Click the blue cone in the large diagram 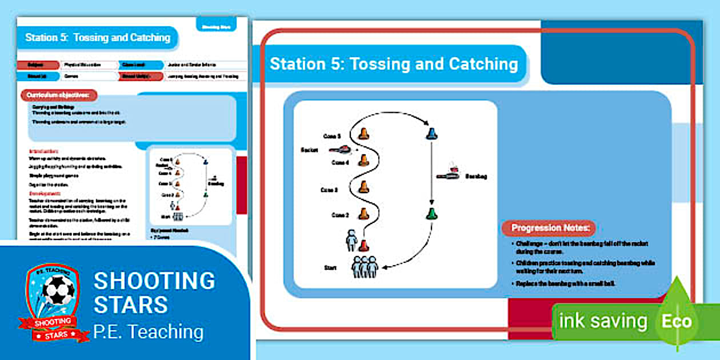(432, 134)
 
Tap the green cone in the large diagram (432, 215)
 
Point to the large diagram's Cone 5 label (331, 136)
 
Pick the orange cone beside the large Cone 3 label (363, 186)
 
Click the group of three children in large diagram (365, 266)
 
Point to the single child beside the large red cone (351, 239)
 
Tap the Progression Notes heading (549, 228)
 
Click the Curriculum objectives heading (59, 95)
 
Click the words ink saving (603, 321)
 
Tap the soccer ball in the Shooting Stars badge (58, 291)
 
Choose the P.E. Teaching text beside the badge (149, 331)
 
